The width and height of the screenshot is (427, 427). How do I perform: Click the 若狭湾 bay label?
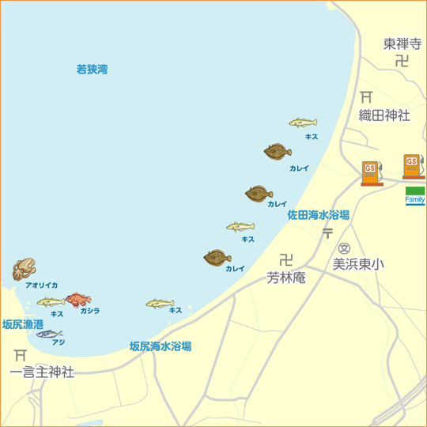pos(92,70)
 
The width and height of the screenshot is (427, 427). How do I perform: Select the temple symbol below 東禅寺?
pos(402,60)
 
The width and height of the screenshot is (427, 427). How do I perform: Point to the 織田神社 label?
pos(384,115)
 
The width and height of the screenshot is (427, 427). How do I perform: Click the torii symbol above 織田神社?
pos(366,97)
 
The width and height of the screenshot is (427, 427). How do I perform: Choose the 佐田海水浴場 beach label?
pos(318,214)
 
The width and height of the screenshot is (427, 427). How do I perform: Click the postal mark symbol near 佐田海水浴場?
pos(327,232)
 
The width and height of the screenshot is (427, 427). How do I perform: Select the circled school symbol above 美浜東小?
pos(344,248)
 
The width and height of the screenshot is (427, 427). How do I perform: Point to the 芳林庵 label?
pos(286,278)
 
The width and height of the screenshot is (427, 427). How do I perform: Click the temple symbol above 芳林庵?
pos(285,259)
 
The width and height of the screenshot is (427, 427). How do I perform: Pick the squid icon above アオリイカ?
pos(24,269)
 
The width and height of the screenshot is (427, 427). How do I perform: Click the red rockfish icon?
pos(77,299)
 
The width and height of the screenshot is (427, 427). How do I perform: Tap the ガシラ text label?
pos(89,312)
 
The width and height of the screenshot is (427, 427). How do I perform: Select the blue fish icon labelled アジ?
pos(49,334)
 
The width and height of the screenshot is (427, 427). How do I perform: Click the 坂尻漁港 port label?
pos(23,324)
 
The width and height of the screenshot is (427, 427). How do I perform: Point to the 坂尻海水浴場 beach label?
pos(161,346)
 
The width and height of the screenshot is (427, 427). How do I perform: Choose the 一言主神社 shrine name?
pos(42,372)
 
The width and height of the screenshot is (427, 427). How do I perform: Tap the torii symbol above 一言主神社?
pos(21,355)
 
